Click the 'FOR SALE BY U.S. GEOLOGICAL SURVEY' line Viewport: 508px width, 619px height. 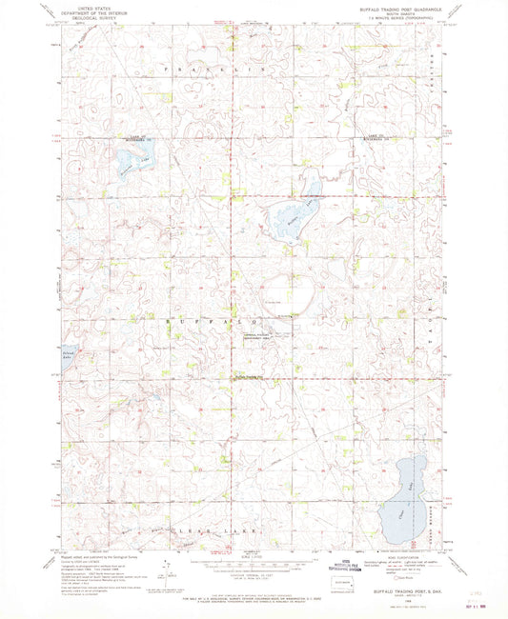pos(254,593)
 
